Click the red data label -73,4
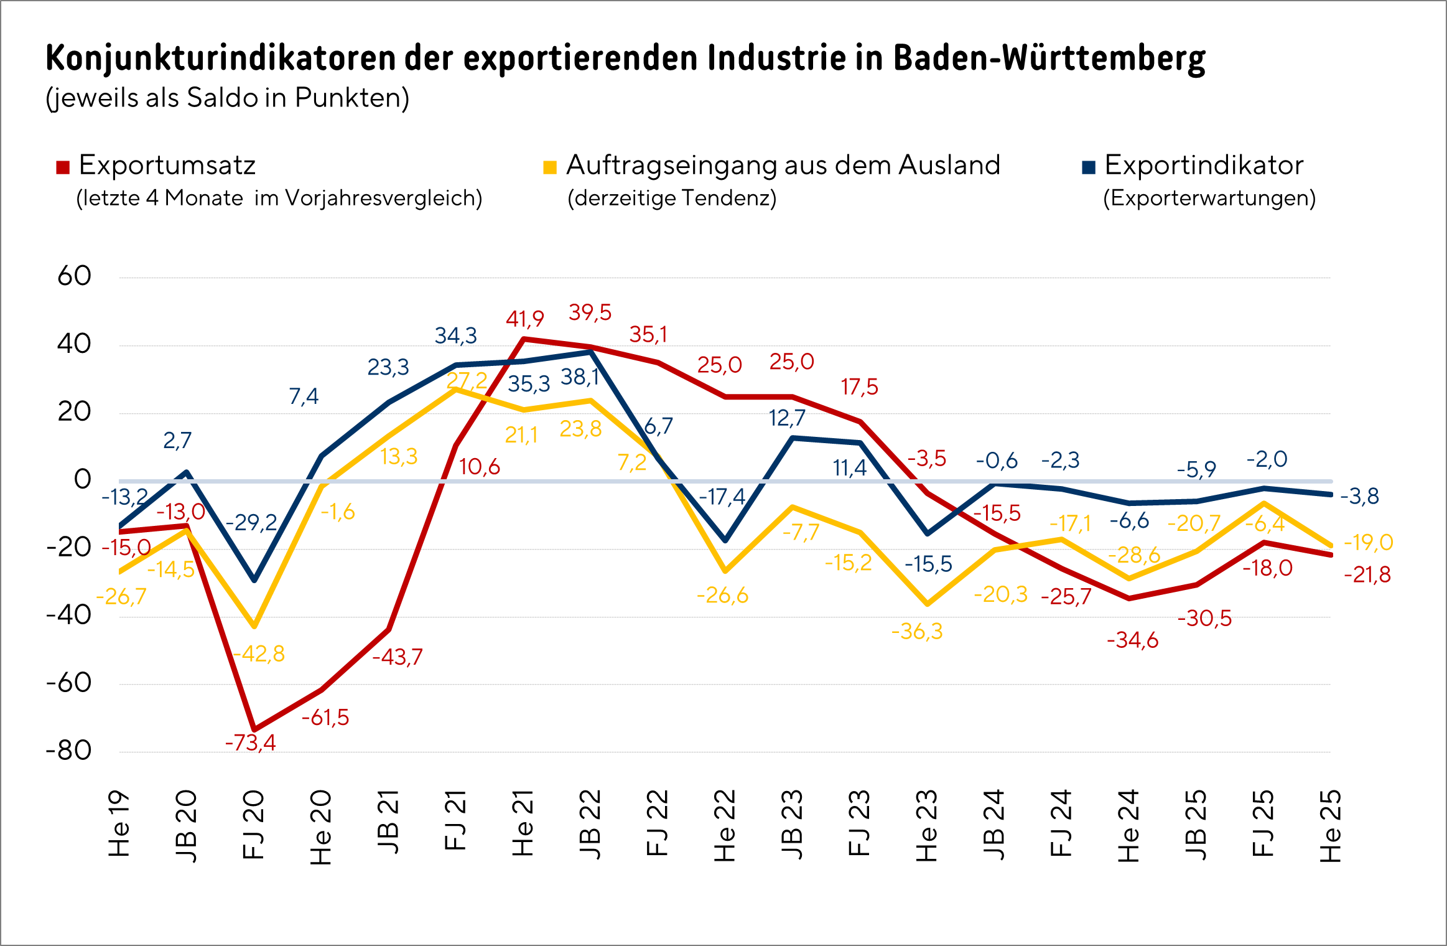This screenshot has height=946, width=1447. tap(250, 742)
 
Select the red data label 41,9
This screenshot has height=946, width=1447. tap(524, 319)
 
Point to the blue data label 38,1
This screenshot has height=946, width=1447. tap(580, 377)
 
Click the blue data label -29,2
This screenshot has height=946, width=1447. tap(251, 522)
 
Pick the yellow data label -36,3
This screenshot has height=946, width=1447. tap(917, 632)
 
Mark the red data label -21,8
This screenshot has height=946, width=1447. tap(1367, 574)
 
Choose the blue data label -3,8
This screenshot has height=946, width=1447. tap(1359, 497)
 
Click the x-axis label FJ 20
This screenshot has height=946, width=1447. tap(253, 825)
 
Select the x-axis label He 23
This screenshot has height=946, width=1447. tap(926, 825)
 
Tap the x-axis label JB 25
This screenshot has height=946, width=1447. tap(1196, 825)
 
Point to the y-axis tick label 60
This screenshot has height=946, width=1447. tap(75, 276)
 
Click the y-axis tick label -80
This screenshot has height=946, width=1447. tap(69, 751)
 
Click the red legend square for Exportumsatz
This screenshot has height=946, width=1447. tap(63, 167)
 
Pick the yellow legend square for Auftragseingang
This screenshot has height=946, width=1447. tap(550, 167)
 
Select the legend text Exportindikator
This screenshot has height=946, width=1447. tap(1204, 166)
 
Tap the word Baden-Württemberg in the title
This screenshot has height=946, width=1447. tap(1049, 59)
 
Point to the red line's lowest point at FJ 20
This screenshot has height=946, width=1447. tap(254, 729)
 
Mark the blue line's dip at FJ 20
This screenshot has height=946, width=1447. tap(254, 580)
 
